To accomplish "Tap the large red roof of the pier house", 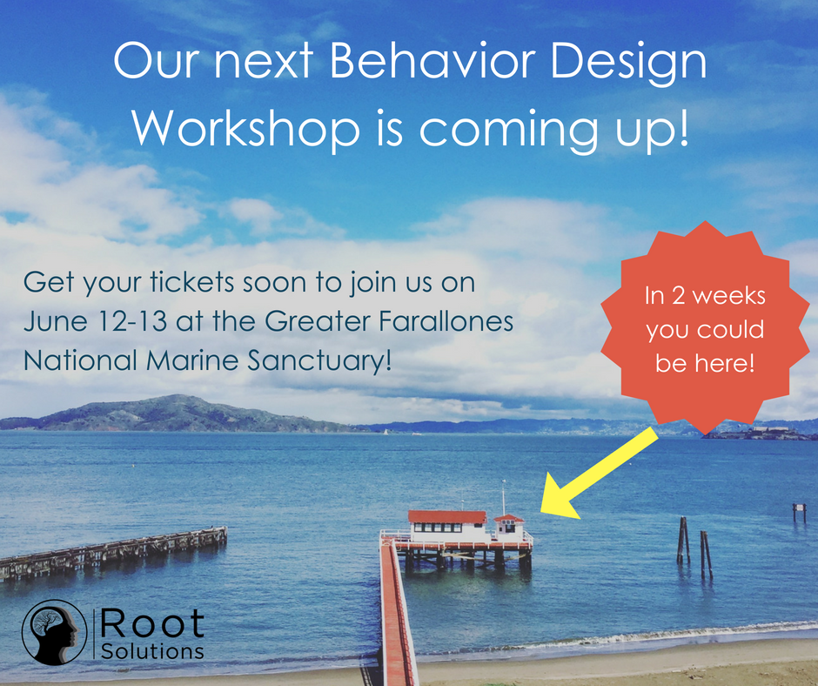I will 446,517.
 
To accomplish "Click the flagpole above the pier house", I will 502,496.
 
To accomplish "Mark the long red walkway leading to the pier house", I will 396,609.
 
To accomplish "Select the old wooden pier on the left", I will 113,550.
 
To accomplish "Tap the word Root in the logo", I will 152,623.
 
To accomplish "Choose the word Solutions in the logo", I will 152,651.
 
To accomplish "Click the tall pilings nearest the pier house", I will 683,540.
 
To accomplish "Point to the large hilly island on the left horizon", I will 174,414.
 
